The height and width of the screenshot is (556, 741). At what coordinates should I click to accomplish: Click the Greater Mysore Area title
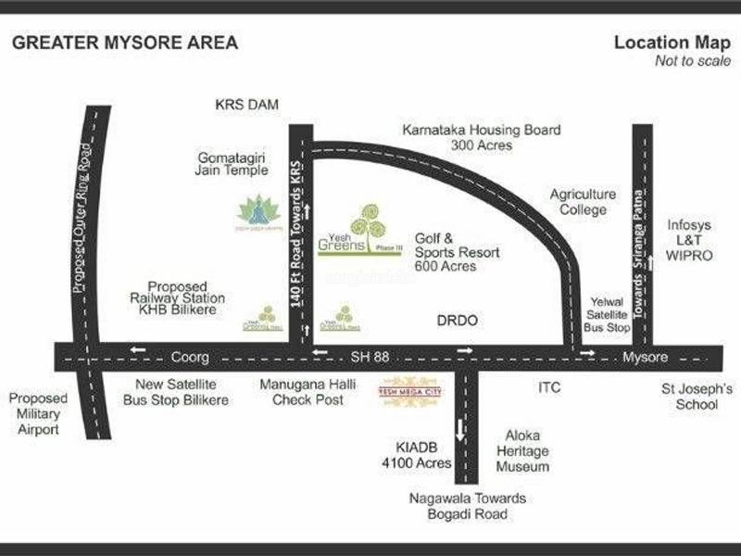pyautogui.click(x=124, y=43)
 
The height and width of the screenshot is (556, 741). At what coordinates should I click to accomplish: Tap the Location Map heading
pyautogui.click(x=665, y=43)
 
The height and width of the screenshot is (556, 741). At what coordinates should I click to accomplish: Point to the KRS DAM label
pyautogui.click(x=246, y=104)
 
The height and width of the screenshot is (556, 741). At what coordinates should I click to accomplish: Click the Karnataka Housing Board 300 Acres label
pyautogui.click(x=482, y=138)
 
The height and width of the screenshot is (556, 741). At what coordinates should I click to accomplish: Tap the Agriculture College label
pyautogui.click(x=583, y=202)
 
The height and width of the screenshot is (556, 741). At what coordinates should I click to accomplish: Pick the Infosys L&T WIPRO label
pyautogui.click(x=690, y=240)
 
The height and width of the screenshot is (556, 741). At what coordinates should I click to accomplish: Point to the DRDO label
pyautogui.click(x=456, y=321)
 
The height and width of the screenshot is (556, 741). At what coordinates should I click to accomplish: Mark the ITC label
pyautogui.click(x=550, y=388)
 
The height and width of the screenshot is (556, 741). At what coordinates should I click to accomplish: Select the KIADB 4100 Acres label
pyautogui.click(x=421, y=454)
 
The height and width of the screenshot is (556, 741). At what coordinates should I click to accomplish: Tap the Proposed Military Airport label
pyautogui.click(x=38, y=413)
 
